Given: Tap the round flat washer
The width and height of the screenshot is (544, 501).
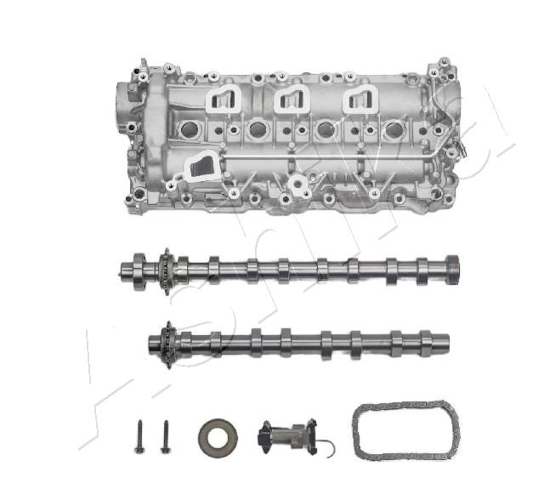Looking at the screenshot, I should [x=218, y=437].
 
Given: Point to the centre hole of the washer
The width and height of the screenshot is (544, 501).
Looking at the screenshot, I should [x=218, y=437].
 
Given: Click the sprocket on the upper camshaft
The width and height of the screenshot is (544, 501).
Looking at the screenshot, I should [x=166, y=271].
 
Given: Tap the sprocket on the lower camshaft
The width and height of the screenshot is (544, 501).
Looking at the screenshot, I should [x=167, y=344].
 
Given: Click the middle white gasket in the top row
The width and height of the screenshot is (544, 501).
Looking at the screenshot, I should [x=291, y=100].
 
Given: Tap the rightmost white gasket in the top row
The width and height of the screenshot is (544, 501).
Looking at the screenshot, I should [x=359, y=100].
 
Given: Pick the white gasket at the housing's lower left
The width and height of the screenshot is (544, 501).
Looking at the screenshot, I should [x=201, y=165].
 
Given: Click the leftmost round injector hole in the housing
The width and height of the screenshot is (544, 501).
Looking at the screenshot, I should [x=190, y=130].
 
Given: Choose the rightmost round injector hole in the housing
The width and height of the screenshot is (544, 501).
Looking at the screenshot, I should [x=392, y=130].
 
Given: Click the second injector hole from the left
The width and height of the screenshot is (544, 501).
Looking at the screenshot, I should [x=258, y=130].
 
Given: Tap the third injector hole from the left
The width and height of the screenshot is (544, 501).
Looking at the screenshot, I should [x=325, y=130].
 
